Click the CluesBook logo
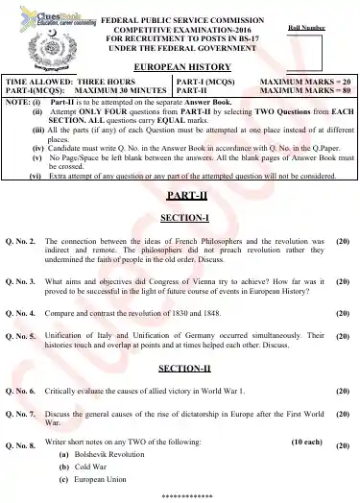[38, 18]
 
